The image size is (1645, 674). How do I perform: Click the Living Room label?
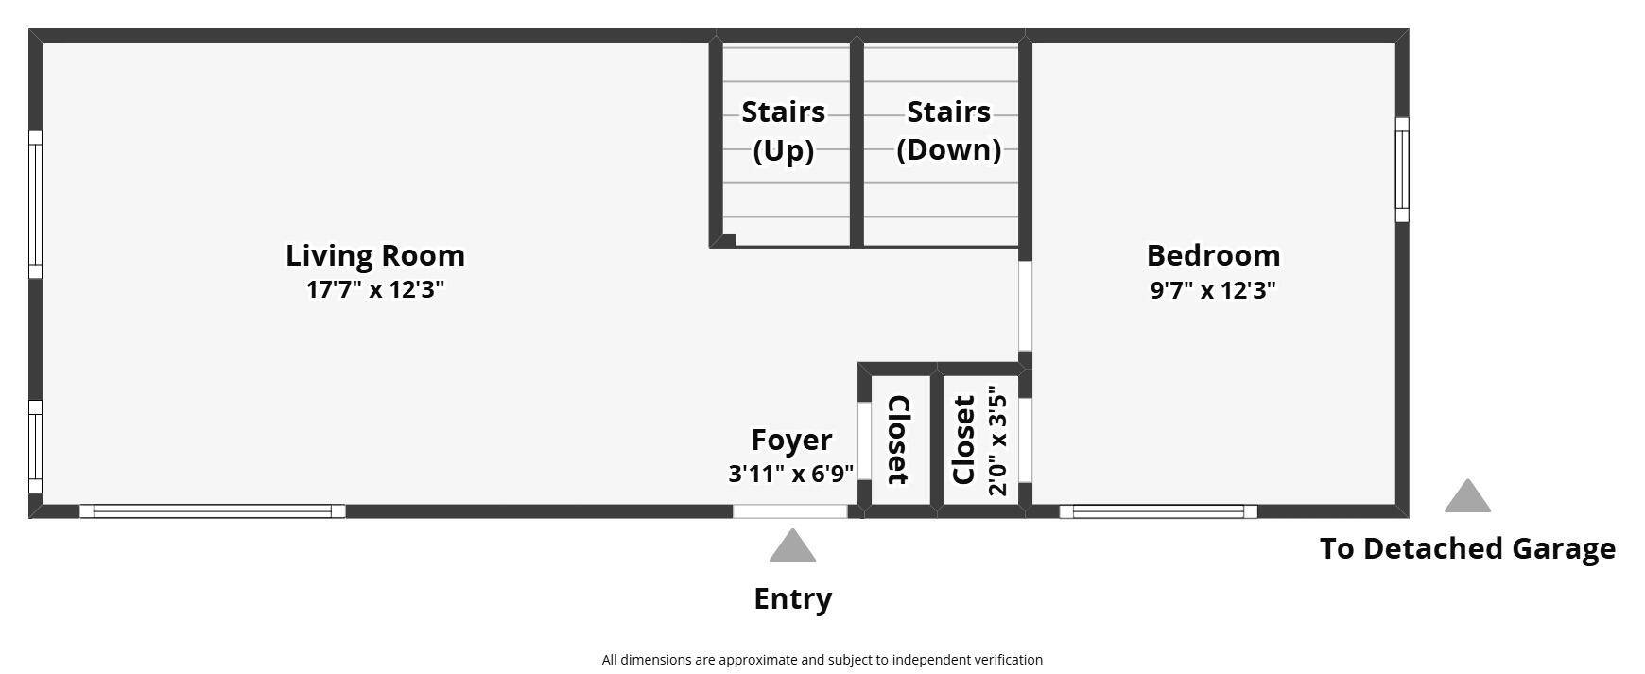[375, 256]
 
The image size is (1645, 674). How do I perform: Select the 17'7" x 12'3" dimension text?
[375, 289]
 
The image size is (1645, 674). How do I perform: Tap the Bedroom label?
[1213, 255]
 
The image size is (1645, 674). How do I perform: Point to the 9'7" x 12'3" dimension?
[1213, 289]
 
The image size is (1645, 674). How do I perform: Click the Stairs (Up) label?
[783, 130]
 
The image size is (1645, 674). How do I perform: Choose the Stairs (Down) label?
[948, 130]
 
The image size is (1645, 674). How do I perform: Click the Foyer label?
[791, 440]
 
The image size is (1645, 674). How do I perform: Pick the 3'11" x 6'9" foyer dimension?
[791, 473]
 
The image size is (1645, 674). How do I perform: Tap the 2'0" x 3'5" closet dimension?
[997, 441]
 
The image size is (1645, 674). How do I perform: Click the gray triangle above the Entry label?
[792, 547]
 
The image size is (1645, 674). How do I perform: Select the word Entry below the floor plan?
[792, 598]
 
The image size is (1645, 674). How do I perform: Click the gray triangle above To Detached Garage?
[1467, 497]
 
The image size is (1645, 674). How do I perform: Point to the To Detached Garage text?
[1467, 548]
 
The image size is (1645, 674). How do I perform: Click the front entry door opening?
[790, 511]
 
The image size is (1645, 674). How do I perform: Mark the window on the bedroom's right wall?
[1402, 170]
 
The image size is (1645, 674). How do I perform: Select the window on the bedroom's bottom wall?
[1158, 511]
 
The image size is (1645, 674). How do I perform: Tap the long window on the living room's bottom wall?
[213, 511]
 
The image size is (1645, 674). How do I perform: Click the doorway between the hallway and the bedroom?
[1025, 306]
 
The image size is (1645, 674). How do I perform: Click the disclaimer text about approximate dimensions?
[822, 660]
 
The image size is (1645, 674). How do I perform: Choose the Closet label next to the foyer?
[898, 440]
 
